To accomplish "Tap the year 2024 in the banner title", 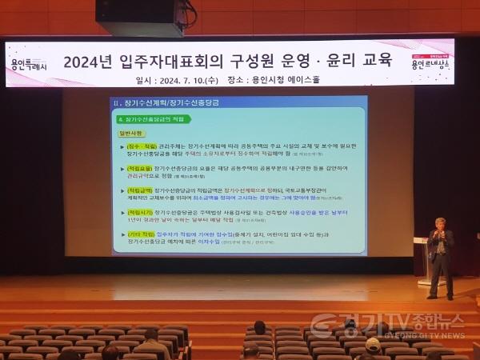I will click(x=86, y=60).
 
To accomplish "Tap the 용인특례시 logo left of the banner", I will click(x=30, y=63).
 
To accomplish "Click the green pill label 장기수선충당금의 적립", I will click(x=151, y=118).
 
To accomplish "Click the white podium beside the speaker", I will click(x=421, y=261).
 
